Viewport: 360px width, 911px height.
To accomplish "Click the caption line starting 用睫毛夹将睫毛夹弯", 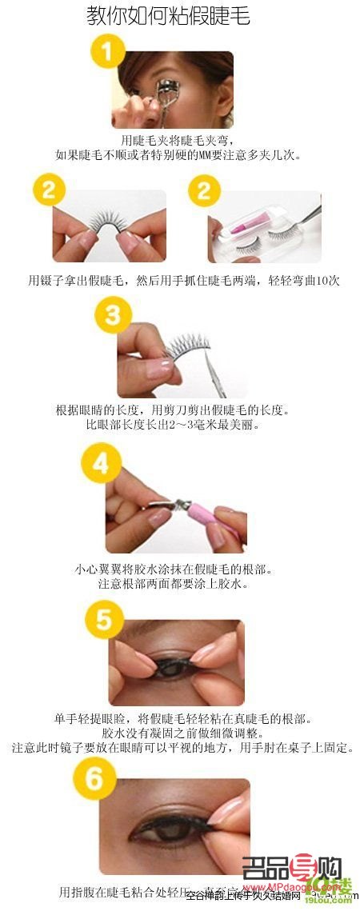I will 179,139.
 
